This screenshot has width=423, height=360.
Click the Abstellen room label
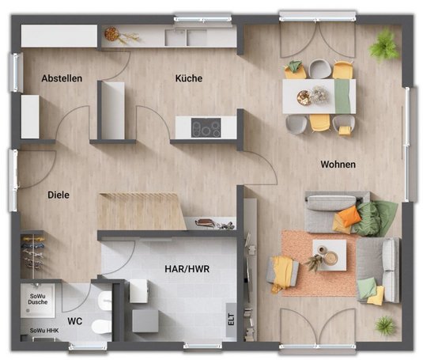click(x=62, y=78)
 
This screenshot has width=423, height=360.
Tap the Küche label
click(x=189, y=78)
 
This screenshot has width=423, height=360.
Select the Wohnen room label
click(x=338, y=164)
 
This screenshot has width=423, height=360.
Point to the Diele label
click(x=59, y=195)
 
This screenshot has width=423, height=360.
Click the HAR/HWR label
click(x=187, y=269)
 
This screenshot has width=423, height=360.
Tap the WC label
click(x=75, y=321)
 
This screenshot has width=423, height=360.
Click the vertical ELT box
click(x=231, y=320)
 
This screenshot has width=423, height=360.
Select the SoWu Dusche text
click(x=38, y=299)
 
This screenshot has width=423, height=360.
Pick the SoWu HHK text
click(x=44, y=331)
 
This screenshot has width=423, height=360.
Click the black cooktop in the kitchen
click(x=206, y=127)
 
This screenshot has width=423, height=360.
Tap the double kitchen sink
click(x=186, y=37)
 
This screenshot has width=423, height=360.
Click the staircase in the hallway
click(x=142, y=210)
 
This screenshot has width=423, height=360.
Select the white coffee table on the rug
click(x=330, y=255)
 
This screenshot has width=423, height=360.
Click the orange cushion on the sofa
click(x=349, y=216)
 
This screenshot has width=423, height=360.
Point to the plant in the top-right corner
click(x=384, y=46)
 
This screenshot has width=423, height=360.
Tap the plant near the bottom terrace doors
click(x=386, y=326)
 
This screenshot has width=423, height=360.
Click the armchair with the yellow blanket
click(x=282, y=272)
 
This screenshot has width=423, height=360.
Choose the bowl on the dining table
click(x=304, y=97)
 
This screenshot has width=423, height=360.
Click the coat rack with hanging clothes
click(x=33, y=252)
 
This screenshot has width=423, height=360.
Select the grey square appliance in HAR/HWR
click(x=145, y=321)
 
